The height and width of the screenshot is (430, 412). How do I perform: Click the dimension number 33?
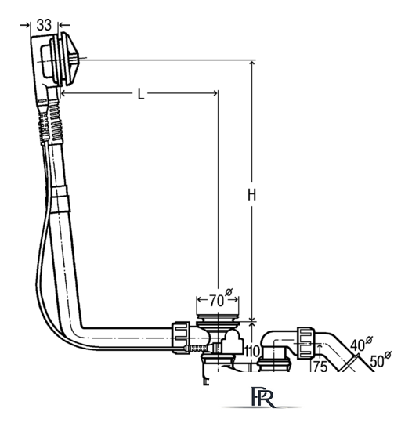tap(44, 25)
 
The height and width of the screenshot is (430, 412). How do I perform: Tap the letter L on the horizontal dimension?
tap(141, 94)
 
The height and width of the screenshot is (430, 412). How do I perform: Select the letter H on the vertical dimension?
tap(251, 195)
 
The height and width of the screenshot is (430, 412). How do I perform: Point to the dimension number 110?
tap(251, 352)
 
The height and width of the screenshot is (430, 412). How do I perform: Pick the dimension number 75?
tap(320, 366)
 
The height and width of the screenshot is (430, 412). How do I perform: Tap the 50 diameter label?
tap(381, 360)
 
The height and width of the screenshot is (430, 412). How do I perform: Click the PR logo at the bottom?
tap(262, 397)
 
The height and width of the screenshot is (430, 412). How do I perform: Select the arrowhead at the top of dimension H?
tap(251, 63)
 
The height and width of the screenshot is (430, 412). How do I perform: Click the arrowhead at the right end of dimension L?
tap(215, 93)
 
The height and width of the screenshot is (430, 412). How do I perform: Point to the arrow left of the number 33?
tap(25, 25)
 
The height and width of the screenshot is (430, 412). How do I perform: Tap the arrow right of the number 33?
tap(65, 25)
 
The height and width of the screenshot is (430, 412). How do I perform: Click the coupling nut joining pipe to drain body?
tap(181, 338)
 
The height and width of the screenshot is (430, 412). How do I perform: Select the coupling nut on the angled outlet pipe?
tap(306, 343)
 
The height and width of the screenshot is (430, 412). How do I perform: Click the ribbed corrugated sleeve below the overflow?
tap(56, 122)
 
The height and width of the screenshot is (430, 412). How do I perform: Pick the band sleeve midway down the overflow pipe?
tap(61, 199)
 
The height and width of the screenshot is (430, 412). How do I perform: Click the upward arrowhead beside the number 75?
tap(320, 347)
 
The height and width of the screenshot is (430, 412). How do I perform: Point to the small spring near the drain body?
tap(198, 349)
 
